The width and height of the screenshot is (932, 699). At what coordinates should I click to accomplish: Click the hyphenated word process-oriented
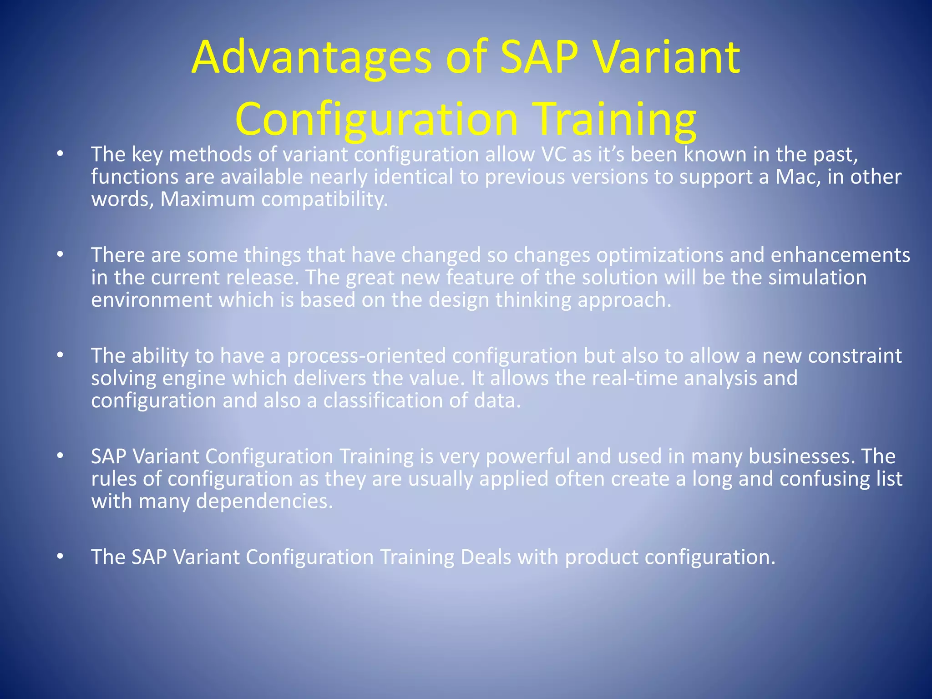(366, 356)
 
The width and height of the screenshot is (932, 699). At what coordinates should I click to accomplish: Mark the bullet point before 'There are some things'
(60, 255)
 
